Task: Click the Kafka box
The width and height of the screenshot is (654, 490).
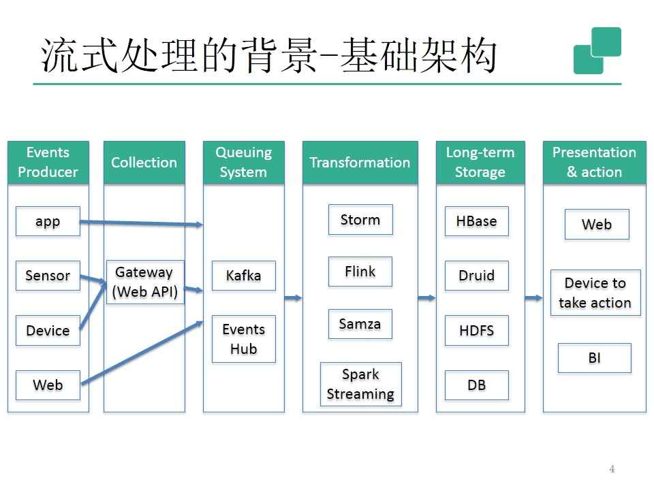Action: pyautogui.click(x=243, y=276)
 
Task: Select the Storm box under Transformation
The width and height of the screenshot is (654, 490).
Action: pyautogui.click(x=360, y=220)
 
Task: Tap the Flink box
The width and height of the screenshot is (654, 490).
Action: pyautogui.click(x=360, y=272)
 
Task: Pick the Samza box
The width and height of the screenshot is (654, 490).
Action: pyautogui.click(x=360, y=324)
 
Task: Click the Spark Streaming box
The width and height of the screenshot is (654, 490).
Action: pyautogui.click(x=360, y=385)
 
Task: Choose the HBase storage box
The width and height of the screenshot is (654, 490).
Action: pyautogui.click(x=476, y=221)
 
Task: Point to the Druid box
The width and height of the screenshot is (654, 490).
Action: pyautogui.click(x=476, y=276)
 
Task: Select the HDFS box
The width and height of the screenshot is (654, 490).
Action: pyautogui.click(x=476, y=331)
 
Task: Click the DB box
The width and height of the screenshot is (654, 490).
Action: pyautogui.click(x=476, y=385)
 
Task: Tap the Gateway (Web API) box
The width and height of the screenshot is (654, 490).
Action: pyautogui.click(x=144, y=282)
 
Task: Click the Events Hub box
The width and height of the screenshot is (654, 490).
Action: pyautogui.click(x=243, y=339)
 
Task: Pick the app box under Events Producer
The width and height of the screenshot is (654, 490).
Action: pyautogui.click(x=48, y=221)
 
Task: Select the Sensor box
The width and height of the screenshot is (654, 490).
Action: pyautogui.click(x=48, y=276)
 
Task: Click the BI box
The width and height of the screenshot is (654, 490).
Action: pyautogui.click(x=594, y=358)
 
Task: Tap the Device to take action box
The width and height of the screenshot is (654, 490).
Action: pyautogui.click(x=595, y=293)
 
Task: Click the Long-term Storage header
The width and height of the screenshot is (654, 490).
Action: pyautogui.click(x=480, y=163)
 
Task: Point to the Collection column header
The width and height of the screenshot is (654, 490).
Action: pyautogui.click(x=144, y=163)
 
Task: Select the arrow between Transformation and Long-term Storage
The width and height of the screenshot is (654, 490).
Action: pyautogui.click(x=427, y=297)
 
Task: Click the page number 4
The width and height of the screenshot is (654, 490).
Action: pyautogui.click(x=612, y=468)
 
